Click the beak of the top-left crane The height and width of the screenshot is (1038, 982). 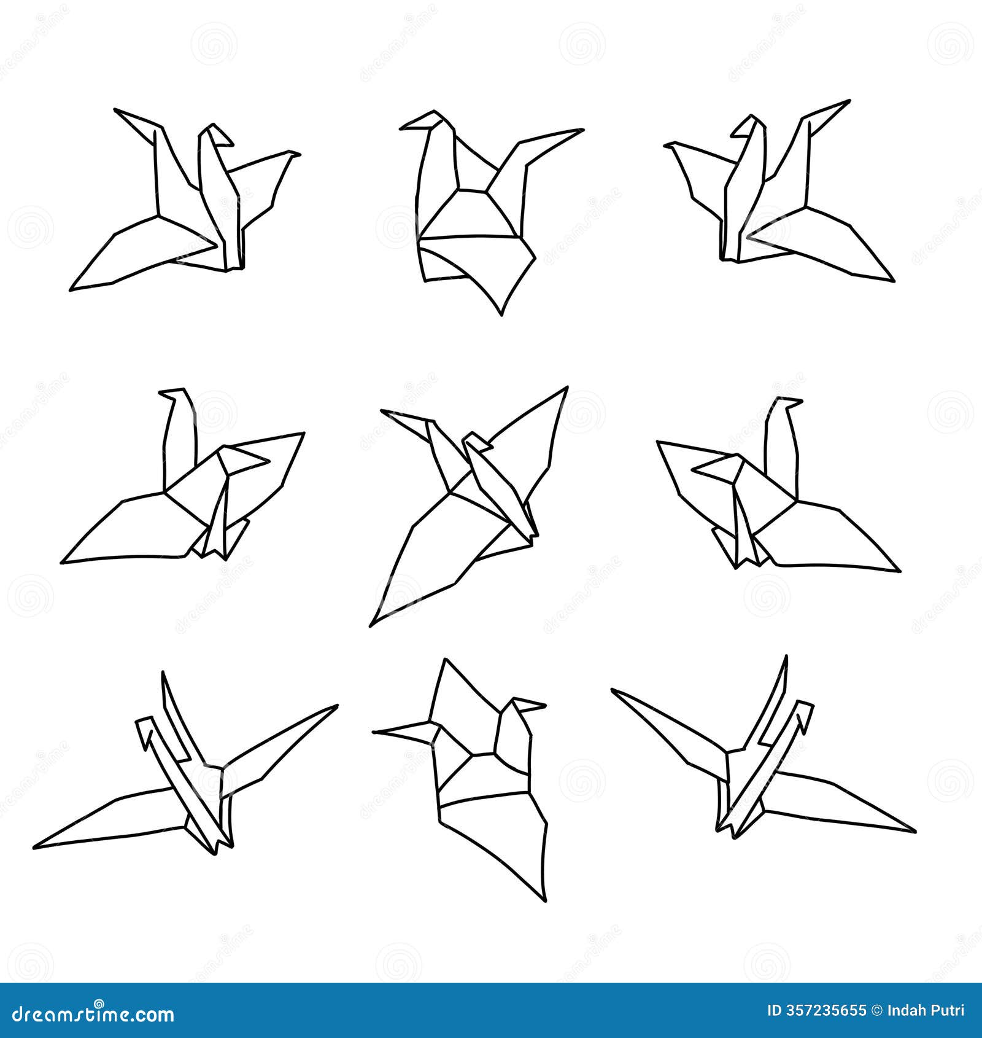pos(231,144)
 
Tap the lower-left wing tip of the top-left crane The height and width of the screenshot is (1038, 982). pos(71,289)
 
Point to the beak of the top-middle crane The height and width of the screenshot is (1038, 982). pos(403,128)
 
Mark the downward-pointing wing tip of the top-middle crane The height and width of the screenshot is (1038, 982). pos(501,314)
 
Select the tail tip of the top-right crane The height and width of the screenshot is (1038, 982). pos(848,101)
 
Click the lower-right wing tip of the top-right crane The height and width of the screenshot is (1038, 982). pos(892,281)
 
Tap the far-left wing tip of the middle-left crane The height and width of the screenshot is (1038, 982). pos(63,562)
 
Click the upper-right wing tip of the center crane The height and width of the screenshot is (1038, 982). pos(566,388)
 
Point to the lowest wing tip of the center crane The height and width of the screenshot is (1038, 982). pos(371,625)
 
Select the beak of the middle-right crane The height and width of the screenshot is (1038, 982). pos(800,402)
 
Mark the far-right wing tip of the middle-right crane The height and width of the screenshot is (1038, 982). pos(899,571)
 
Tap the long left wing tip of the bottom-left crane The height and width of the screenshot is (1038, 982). pos(36,848)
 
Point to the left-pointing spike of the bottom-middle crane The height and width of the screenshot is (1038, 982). pos(375,732)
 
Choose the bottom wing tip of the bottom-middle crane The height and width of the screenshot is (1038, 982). pos(544,900)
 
